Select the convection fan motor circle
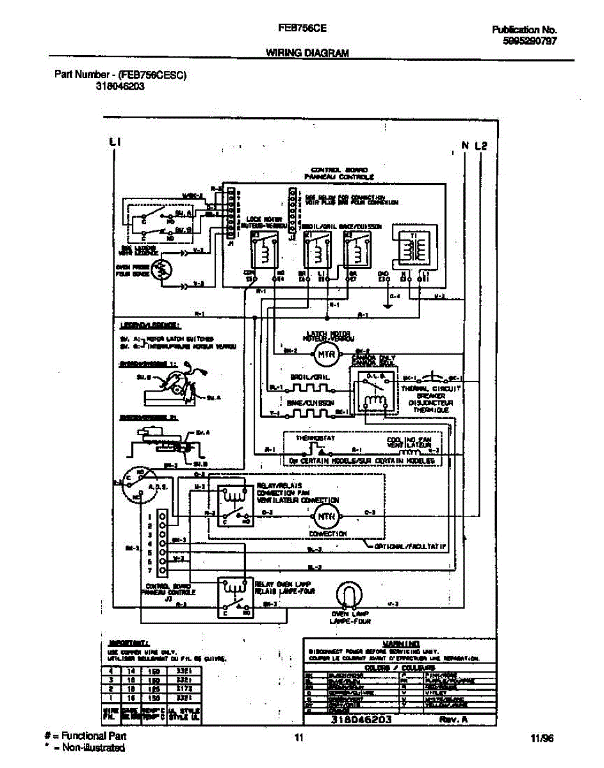pyautogui.click(x=323, y=513)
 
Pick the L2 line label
pyautogui.click(x=481, y=145)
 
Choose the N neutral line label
pyautogui.click(x=466, y=145)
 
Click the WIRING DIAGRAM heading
pyautogui.click(x=307, y=54)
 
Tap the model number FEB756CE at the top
pyautogui.click(x=302, y=29)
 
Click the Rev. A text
pyautogui.click(x=454, y=719)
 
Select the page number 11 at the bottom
pyautogui.click(x=298, y=737)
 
